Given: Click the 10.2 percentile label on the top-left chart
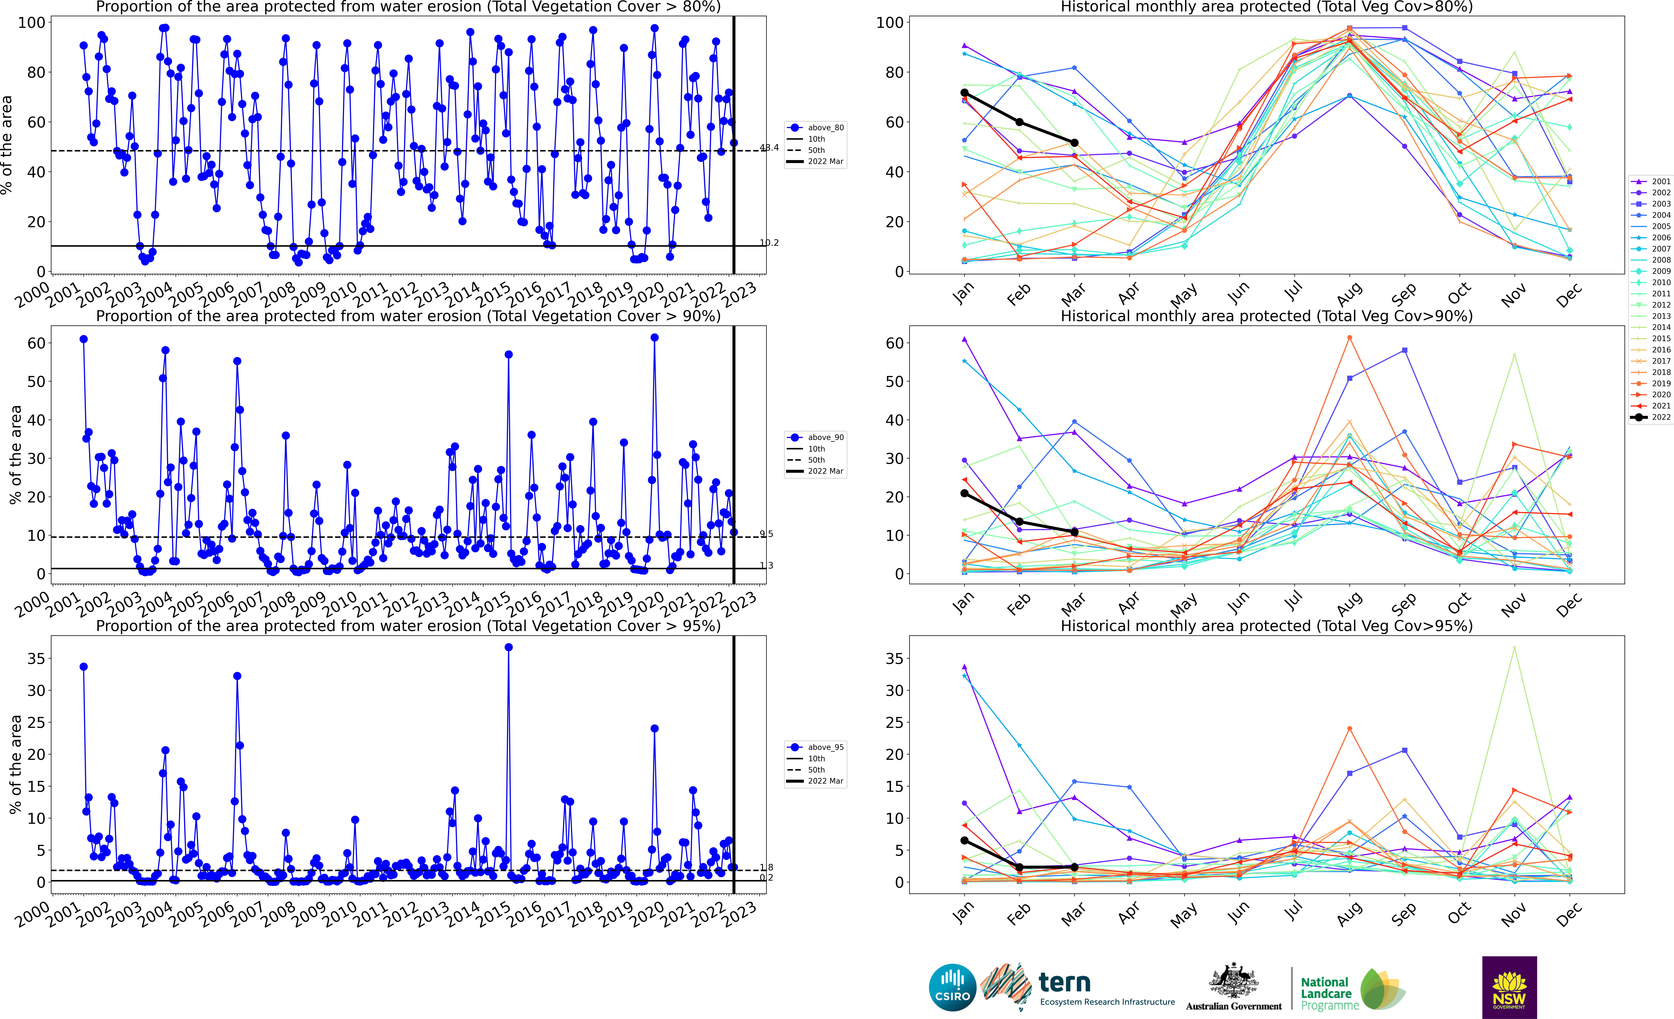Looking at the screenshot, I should (x=769, y=243).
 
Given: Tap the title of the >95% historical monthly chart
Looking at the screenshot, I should (x=1266, y=626).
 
